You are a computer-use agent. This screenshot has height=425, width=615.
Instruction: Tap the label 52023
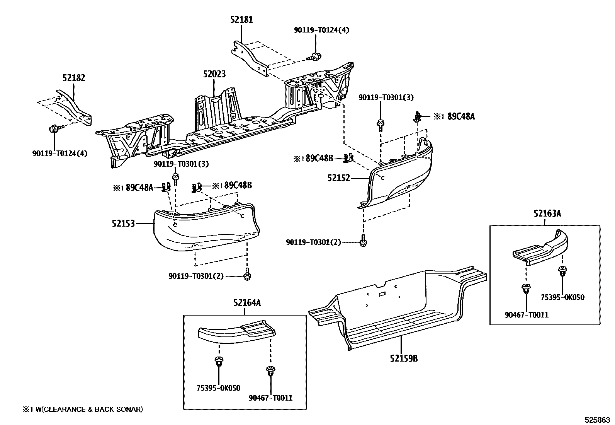pos(214,74)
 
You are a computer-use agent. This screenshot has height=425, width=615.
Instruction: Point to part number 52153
pos(123,223)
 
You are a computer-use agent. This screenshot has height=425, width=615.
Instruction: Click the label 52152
pos(338,178)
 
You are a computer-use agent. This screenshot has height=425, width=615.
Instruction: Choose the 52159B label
pos(403,358)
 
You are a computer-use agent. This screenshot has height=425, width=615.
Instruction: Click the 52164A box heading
pos(247,303)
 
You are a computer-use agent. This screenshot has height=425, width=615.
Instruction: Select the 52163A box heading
pos(547,213)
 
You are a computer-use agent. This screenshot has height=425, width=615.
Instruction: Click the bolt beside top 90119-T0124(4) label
pos(314,56)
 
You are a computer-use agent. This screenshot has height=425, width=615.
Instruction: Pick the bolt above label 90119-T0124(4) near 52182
pos(54,129)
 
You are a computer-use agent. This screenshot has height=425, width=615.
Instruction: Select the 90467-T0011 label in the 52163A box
pos(527,315)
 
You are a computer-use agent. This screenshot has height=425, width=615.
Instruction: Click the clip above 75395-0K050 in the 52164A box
pos(219,362)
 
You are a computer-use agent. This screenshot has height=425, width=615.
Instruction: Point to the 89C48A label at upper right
pos(460,116)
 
